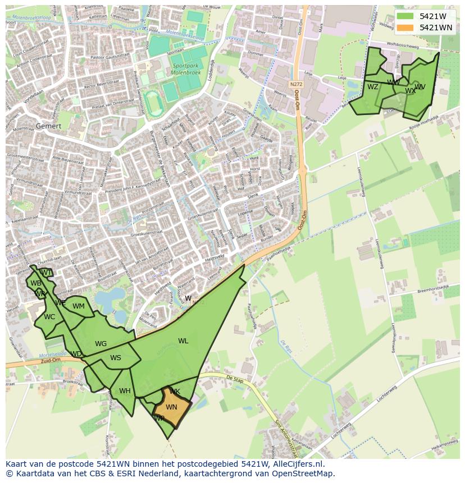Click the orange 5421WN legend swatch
[x=404, y=27]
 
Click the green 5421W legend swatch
[x=404, y=16]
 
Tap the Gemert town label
[x=48, y=126]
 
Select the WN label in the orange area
[x=171, y=407]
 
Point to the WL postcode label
[x=183, y=341]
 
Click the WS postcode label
[x=115, y=358]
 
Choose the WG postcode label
[x=101, y=344]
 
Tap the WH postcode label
[x=125, y=391]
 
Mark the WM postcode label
[x=79, y=306]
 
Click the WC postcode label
[x=49, y=317]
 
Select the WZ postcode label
[x=373, y=87]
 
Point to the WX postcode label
[x=411, y=91]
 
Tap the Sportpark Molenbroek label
[x=188, y=69]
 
